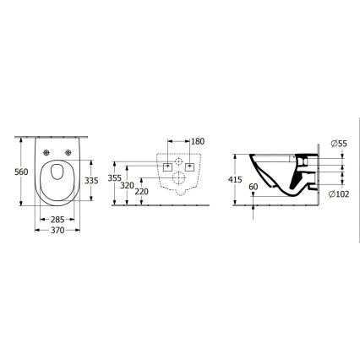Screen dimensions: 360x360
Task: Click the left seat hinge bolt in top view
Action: coord(45,151)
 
